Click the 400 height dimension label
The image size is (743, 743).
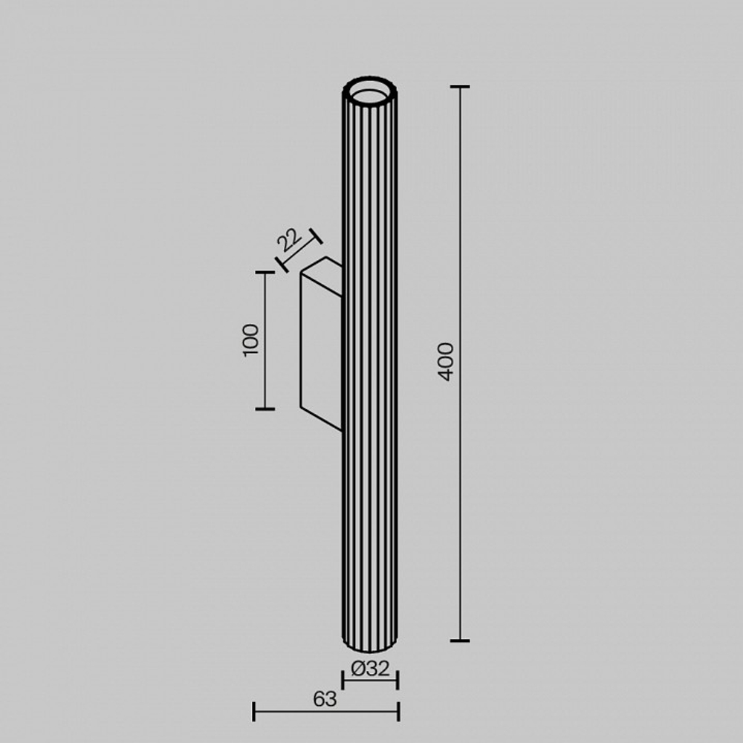point(445,361)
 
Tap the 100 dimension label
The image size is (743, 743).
point(251,340)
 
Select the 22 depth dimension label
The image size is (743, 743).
point(289,240)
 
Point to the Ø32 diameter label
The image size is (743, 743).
point(370,669)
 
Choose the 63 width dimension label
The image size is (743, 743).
point(325,698)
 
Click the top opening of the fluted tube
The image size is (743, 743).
point(369,91)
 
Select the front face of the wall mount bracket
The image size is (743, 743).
point(320,345)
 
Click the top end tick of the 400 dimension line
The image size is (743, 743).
point(460,87)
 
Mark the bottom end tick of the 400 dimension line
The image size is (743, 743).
point(460,640)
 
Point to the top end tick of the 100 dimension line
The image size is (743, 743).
point(265,273)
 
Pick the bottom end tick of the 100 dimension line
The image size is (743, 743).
point(265,409)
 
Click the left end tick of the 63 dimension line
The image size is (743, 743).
point(254,711)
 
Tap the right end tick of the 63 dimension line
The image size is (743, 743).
point(399,711)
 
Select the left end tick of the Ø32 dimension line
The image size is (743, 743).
point(343,679)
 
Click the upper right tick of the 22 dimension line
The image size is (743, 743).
point(316,236)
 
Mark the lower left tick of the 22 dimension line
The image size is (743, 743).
point(282,264)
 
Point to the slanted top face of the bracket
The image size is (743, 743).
point(322,266)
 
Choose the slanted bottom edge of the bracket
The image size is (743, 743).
point(321,419)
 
